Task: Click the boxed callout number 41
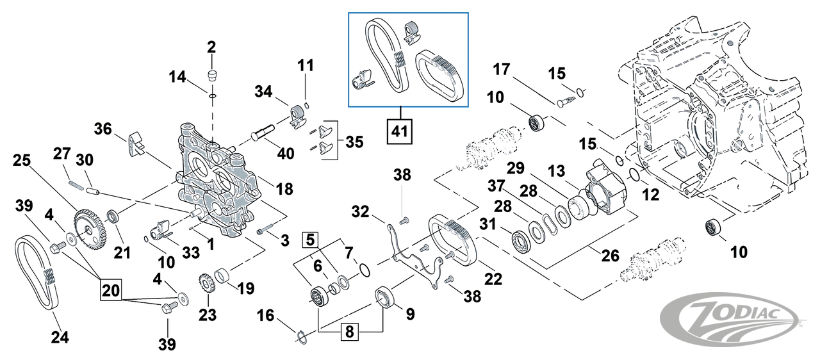click(x=399, y=132)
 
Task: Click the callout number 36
click(x=103, y=129)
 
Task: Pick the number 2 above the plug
click(x=211, y=47)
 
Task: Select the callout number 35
click(x=354, y=140)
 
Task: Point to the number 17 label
click(x=501, y=69)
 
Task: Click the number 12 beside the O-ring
click(x=651, y=195)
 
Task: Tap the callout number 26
click(x=610, y=255)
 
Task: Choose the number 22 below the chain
click(x=493, y=280)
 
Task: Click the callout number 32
click(x=359, y=211)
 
